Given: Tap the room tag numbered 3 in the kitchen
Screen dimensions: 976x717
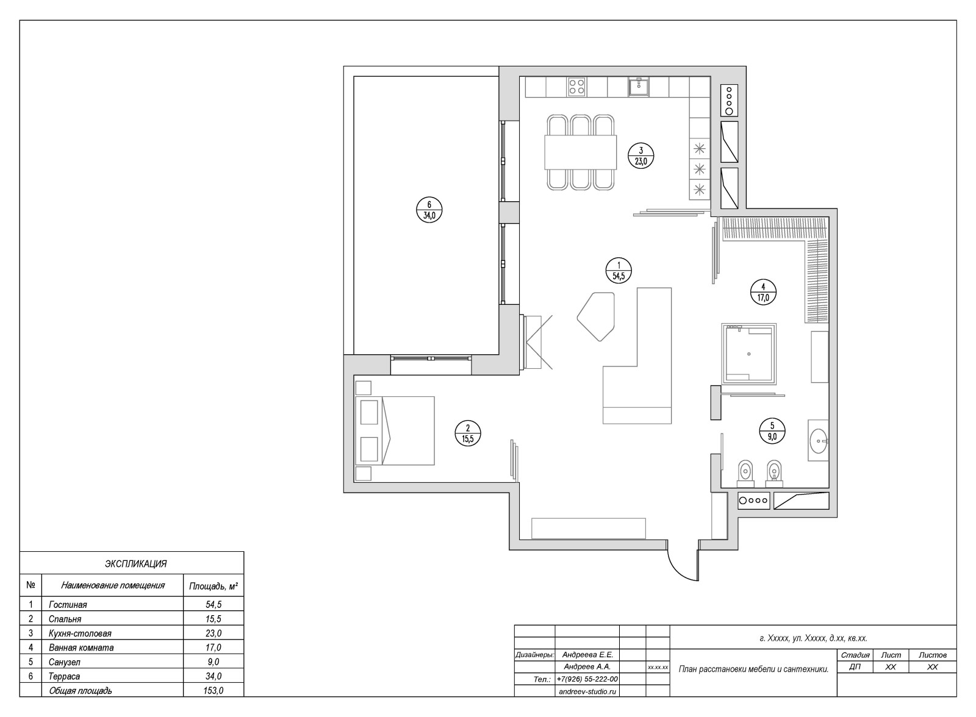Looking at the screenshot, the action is pos(641,156).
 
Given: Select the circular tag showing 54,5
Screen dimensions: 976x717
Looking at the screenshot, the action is pos(619,270).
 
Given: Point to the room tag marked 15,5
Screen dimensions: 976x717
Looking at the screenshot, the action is pos(467,433).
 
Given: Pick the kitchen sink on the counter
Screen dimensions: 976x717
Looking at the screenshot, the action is pos(639,87).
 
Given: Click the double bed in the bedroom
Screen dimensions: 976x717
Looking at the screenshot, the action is pos(395,430).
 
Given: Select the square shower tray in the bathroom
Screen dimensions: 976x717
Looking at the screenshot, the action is pos(748,354).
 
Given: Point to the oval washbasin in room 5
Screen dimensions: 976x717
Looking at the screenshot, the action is pos(818,440).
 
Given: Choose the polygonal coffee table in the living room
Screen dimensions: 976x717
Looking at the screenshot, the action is pos(595,316).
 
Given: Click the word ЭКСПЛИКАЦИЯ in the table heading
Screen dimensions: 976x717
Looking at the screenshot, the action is pos(135,564).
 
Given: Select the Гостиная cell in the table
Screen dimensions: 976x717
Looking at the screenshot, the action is pos(68,605).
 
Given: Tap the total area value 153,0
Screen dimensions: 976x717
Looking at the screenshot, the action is pos(213,690).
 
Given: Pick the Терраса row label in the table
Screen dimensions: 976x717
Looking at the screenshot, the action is pos(65,676).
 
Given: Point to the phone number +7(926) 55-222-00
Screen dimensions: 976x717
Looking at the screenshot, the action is pos(587,679).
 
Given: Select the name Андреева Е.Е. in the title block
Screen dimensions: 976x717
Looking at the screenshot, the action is pos(587,655).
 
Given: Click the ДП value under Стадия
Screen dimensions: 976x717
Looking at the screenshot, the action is pos(855,667).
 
